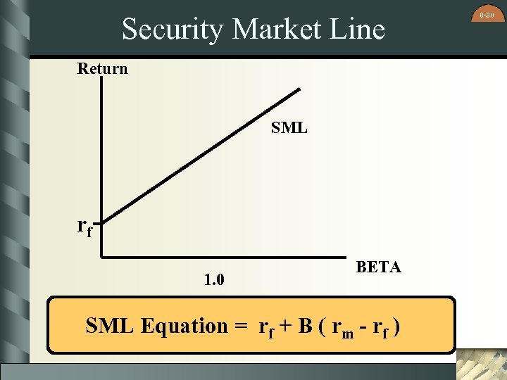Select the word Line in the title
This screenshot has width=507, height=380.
(x=356, y=30)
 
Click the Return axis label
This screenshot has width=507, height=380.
(x=102, y=69)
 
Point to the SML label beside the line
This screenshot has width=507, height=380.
(x=289, y=128)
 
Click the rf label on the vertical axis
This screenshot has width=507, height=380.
(x=84, y=227)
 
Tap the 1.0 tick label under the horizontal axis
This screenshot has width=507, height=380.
(x=214, y=280)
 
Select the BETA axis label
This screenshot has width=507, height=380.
(x=378, y=267)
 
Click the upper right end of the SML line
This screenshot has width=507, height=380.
(x=299, y=89)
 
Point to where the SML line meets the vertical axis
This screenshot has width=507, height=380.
(x=103, y=224)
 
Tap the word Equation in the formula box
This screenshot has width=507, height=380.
(x=184, y=327)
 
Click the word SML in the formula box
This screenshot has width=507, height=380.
(x=111, y=327)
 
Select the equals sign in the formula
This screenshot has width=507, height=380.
(x=242, y=327)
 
